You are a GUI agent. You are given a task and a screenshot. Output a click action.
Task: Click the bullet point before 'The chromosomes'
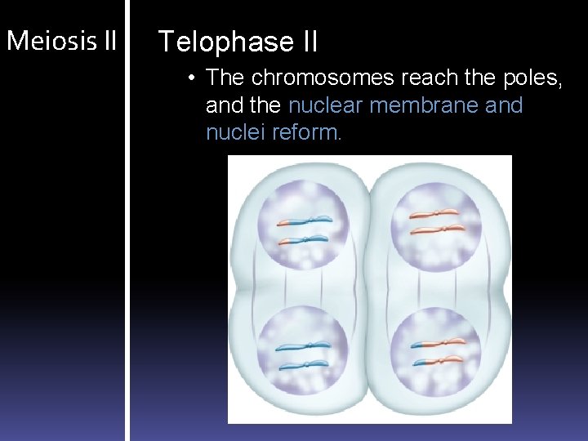tap(189, 78)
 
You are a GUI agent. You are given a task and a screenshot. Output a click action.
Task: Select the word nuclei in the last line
tap(230, 132)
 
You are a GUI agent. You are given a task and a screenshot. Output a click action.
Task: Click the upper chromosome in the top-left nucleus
tap(303, 220)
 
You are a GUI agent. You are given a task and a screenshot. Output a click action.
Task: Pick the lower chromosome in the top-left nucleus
tap(303, 240)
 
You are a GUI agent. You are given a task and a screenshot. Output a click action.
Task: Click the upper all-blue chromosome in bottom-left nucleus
tap(303, 346)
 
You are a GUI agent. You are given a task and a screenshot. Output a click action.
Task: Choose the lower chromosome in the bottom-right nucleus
tap(439, 360)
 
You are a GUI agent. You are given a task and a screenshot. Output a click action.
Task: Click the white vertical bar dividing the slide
tap(127, 220)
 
